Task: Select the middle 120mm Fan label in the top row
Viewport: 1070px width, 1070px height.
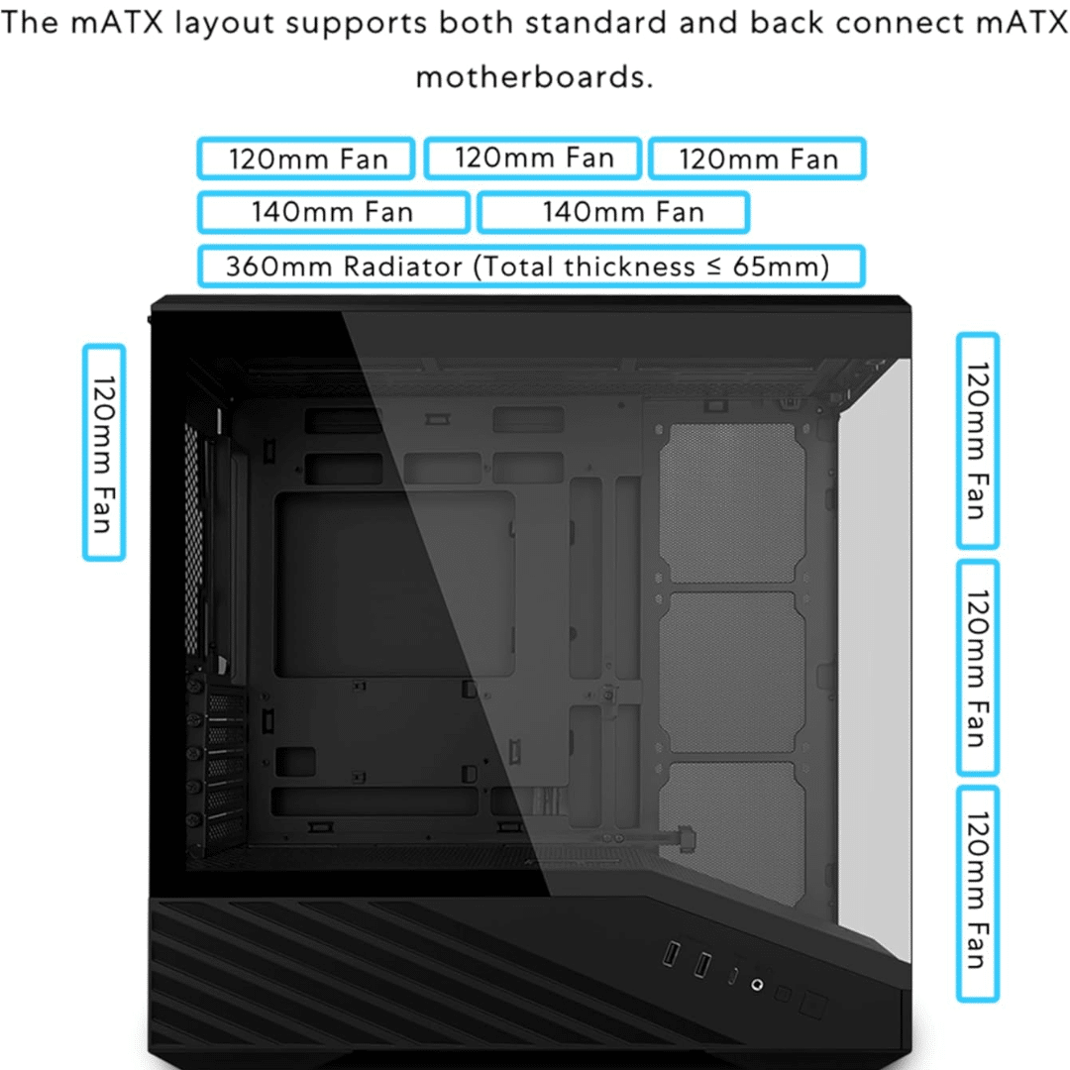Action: click(x=533, y=159)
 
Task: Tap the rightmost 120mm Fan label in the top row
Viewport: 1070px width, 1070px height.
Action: click(x=758, y=159)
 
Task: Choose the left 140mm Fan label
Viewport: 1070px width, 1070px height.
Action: click(x=333, y=212)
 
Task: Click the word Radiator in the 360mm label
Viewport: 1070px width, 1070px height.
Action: click(x=402, y=267)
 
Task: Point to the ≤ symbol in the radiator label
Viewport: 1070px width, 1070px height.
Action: click(x=713, y=267)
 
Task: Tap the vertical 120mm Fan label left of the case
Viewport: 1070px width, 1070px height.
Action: click(x=104, y=453)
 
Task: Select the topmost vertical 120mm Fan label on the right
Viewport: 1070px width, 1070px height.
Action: click(x=978, y=441)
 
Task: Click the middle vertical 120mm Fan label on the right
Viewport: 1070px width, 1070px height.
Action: click(x=978, y=668)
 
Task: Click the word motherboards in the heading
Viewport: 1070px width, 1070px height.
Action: click(x=534, y=76)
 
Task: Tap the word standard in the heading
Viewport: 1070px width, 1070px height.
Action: click(x=595, y=23)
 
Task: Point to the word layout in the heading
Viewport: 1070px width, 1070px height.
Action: click(x=225, y=24)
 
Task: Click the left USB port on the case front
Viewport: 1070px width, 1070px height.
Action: click(x=672, y=954)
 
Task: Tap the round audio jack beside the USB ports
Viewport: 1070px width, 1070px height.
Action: click(x=757, y=985)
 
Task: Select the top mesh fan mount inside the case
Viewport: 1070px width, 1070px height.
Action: click(x=732, y=503)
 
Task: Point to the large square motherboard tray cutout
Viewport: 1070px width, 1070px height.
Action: click(x=394, y=585)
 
